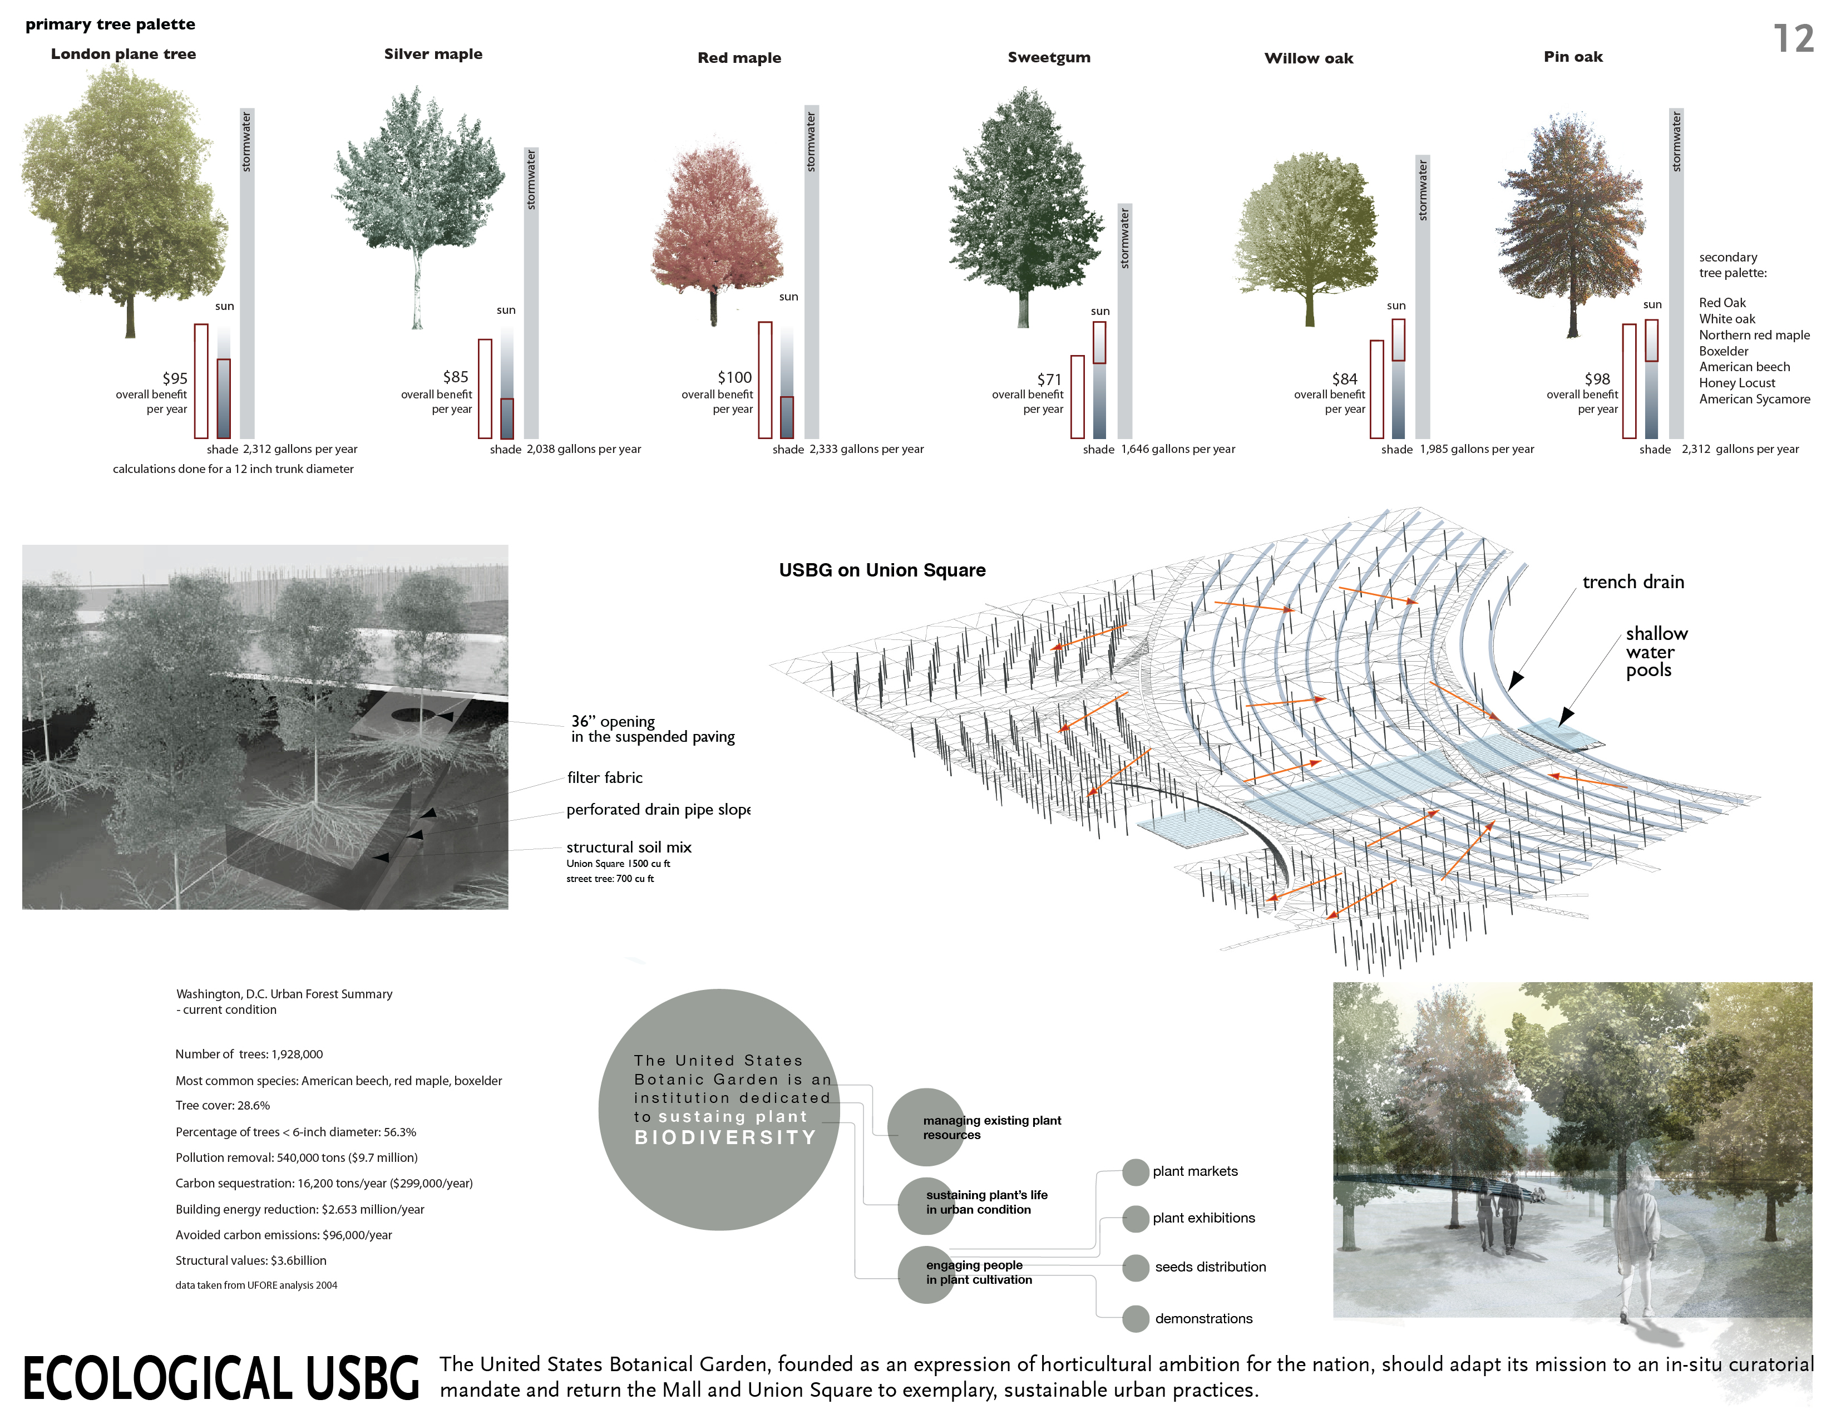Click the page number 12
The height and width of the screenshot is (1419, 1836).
point(1793,38)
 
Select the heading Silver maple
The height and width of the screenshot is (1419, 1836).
point(433,54)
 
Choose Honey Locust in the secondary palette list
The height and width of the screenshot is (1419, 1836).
point(1737,382)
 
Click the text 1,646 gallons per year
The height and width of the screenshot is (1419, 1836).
point(1178,449)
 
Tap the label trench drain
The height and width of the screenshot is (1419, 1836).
point(1632,582)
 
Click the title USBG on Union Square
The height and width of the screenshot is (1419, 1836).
point(882,570)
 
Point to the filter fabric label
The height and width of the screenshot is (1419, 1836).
point(604,777)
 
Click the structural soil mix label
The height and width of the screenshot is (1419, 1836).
point(629,848)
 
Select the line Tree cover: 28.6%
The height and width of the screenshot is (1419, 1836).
point(223,1106)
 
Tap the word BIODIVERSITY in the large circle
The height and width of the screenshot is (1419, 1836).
point(725,1137)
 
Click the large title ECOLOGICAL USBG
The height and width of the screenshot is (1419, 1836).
point(221,1378)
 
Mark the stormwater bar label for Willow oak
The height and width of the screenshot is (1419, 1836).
point(1423,191)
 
